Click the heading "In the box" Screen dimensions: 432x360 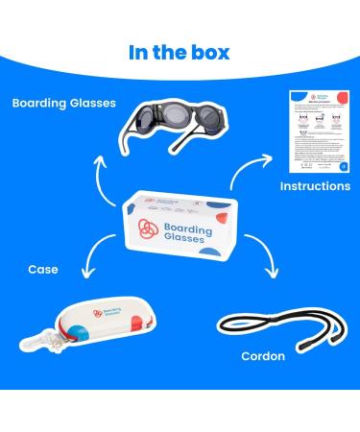[180, 51]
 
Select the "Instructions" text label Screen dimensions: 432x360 [313, 185]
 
